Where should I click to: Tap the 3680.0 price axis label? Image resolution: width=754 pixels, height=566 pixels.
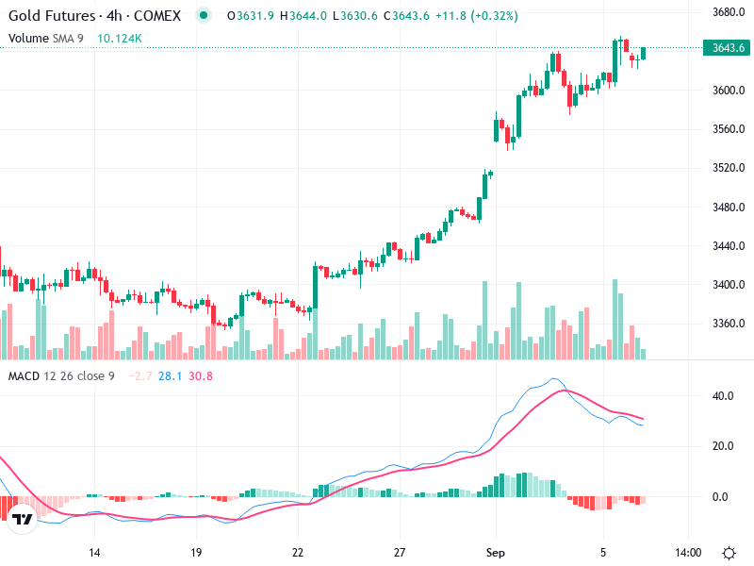729,12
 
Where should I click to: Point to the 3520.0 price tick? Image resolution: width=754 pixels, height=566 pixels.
729,168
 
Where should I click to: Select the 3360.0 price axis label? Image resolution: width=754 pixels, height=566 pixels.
729,324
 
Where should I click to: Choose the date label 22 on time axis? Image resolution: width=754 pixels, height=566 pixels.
298,552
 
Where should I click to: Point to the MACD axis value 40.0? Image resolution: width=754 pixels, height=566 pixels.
723,396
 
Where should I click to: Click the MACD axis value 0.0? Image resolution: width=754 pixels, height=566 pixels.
723,496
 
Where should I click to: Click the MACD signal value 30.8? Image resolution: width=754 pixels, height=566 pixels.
201,376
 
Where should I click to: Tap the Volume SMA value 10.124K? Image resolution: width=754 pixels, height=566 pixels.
120,38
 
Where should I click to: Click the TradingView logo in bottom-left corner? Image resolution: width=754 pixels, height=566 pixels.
23,519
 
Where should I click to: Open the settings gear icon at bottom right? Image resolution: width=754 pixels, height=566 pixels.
729,552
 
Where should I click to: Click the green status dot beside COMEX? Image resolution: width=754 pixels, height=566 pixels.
204,16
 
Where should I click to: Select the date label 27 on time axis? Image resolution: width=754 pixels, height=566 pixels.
400,552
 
